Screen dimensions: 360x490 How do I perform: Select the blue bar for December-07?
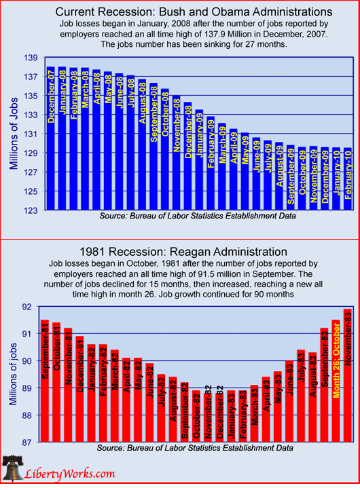[51, 138]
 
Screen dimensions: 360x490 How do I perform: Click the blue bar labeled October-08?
[165, 149]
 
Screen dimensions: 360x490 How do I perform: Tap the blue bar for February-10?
[348, 178]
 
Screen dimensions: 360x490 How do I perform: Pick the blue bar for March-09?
[222, 166]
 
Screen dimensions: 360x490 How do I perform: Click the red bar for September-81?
[45, 381]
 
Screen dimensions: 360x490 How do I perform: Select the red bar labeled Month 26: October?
[336, 381]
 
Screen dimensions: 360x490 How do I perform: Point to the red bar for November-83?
[348, 375]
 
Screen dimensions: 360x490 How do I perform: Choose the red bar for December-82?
[219, 417]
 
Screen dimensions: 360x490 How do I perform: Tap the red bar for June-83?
[289, 401]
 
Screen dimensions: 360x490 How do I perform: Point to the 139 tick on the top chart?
[31, 58]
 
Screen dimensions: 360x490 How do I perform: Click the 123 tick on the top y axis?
[31, 210]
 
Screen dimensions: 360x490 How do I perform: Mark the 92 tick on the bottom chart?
[27, 307]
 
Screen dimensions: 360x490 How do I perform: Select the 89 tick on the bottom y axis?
[27, 388]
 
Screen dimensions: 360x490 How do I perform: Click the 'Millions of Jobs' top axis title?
[14, 134]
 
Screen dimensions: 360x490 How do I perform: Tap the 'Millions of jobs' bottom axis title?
[13, 374]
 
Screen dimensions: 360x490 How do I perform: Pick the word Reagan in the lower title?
[192, 252]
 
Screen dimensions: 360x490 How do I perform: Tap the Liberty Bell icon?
[12, 469]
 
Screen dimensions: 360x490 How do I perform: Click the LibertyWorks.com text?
[70, 474]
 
